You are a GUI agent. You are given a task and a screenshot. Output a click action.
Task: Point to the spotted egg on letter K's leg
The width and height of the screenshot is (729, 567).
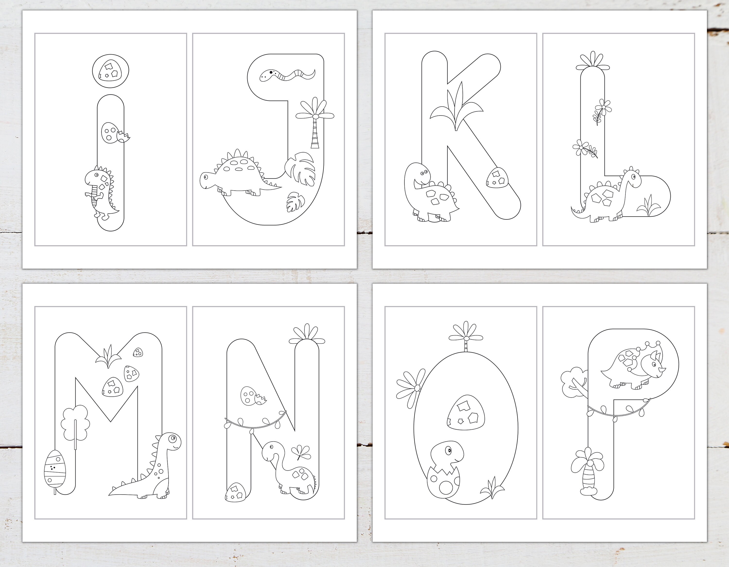coord(497,177)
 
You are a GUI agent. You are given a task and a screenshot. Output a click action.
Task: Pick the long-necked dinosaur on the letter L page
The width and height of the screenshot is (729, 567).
coord(607,197)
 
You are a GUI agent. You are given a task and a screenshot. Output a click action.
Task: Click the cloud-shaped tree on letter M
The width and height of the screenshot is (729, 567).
coord(75,422)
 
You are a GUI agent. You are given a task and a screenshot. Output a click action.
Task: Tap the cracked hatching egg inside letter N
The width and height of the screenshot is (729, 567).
coord(252,396)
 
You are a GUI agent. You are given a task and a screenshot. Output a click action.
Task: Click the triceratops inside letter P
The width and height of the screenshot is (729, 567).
coord(633,367)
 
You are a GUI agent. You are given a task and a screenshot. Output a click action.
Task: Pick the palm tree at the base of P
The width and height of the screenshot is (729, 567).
coord(588,471)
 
